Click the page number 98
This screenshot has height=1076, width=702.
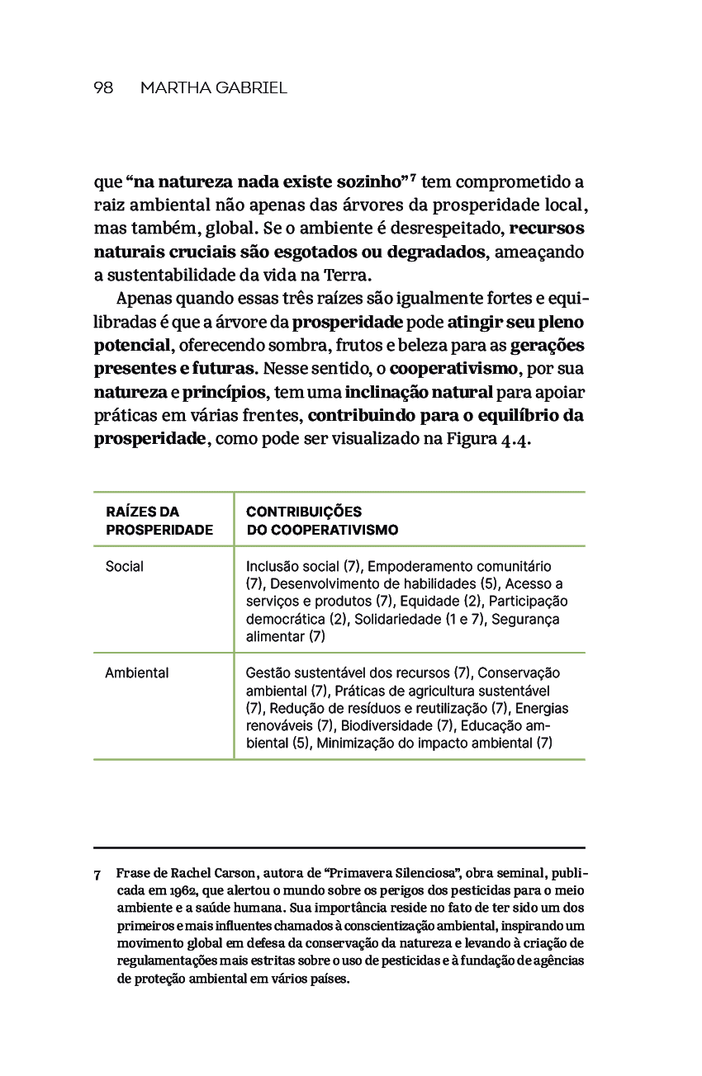click(x=103, y=87)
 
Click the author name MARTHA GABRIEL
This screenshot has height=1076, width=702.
click(x=214, y=87)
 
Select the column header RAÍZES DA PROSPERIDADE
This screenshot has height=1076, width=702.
click(x=159, y=521)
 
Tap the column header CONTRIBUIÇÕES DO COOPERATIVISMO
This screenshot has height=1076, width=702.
click(x=322, y=521)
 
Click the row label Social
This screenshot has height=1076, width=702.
click(x=125, y=566)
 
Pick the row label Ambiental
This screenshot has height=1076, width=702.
click(x=137, y=672)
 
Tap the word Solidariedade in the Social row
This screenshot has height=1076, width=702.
click(x=397, y=619)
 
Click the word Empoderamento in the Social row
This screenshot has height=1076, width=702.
click(x=420, y=566)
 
